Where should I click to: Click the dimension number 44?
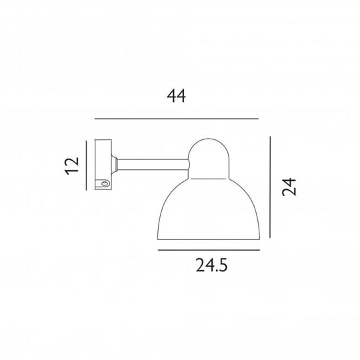(x=176, y=97)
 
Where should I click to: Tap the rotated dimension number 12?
(x=73, y=165)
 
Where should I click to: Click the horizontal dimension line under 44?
(x=176, y=119)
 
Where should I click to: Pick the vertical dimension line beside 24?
(x=269, y=187)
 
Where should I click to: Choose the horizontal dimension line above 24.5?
(x=208, y=250)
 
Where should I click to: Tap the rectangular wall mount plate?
(x=104, y=165)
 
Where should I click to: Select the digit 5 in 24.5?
(x=228, y=268)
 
